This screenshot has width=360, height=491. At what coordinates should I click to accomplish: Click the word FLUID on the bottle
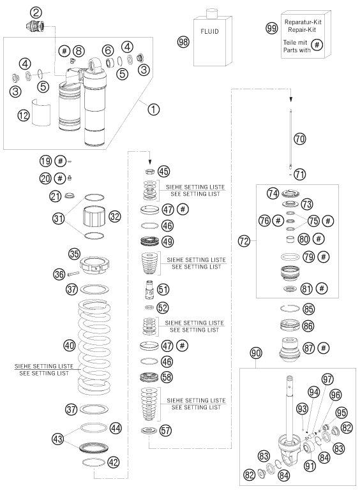[x=209, y=31]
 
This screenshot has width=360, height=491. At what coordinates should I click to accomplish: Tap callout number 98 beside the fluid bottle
[x=183, y=41]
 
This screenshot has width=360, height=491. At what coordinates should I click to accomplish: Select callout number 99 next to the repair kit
[x=272, y=28]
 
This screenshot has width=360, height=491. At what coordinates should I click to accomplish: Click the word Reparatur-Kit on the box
[x=303, y=22]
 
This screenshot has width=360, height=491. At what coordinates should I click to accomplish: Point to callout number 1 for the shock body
[x=154, y=109]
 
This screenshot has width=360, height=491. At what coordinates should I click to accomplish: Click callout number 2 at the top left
[x=36, y=13]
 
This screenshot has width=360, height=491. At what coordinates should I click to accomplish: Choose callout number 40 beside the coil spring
[x=69, y=346]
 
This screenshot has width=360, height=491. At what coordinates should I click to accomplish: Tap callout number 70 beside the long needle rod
[x=300, y=138]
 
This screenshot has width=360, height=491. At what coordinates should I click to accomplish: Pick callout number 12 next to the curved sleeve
[x=24, y=115]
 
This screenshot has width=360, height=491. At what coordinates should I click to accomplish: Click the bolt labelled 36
[x=73, y=274]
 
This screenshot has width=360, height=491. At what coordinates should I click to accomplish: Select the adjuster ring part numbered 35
[x=94, y=266]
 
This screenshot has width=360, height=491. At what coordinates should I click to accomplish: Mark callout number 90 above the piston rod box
[x=256, y=353]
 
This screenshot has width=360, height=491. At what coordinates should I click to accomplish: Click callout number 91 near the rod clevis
[x=310, y=465]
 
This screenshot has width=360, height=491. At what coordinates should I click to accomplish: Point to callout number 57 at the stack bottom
[x=166, y=430]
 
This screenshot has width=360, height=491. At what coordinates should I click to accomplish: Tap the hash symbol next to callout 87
[x=324, y=348]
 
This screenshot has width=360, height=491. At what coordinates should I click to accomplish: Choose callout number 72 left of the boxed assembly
[x=244, y=241]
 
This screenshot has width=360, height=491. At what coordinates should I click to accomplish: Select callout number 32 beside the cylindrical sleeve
[x=115, y=216]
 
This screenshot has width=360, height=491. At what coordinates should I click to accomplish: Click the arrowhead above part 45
[x=150, y=162]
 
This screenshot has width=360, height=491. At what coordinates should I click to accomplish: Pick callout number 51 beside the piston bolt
[x=163, y=289]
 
